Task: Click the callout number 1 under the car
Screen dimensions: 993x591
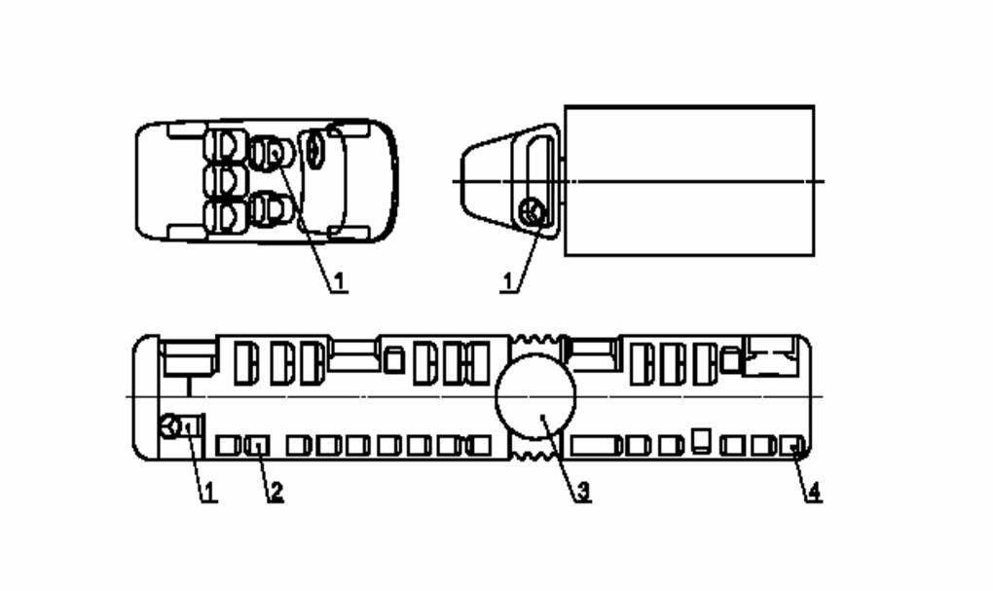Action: click(340, 281)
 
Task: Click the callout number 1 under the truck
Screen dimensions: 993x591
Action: click(508, 281)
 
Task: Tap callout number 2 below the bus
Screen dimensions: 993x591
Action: click(276, 491)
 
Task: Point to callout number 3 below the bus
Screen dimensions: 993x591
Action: click(583, 491)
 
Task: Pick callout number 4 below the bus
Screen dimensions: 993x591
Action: click(814, 491)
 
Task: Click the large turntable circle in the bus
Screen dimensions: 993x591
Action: click(535, 396)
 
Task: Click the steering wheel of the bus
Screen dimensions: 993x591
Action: click(169, 425)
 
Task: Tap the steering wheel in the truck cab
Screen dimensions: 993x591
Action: click(532, 212)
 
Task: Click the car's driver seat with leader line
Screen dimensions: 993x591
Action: click(273, 153)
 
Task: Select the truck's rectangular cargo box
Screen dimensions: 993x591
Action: click(689, 181)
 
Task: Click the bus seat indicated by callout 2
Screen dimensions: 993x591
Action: click(257, 445)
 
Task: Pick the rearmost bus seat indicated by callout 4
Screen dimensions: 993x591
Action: click(791, 445)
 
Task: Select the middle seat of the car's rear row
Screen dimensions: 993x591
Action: click(225, 180)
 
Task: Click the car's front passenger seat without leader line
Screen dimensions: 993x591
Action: click(273, 209)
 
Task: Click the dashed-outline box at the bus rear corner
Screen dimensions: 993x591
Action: click(770, 356)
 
